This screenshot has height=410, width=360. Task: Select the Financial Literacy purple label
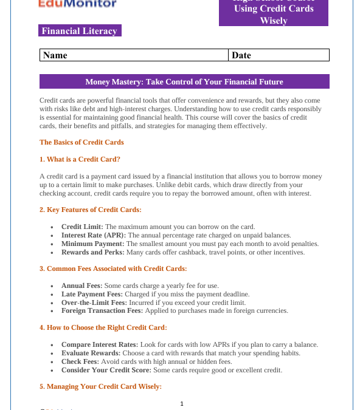click(80, 31)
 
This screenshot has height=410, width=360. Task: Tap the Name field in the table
click(134, 55)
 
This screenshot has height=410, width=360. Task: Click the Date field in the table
click(279, 55)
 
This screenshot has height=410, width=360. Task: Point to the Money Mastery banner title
click(184, 81)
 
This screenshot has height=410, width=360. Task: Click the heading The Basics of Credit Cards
click(81, 142)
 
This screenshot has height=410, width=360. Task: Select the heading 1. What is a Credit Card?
click(80, 159)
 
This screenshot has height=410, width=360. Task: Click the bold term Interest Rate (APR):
click(94, 235)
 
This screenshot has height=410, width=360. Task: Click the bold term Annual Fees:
click(82, 285)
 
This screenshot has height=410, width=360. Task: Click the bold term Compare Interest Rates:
click(100, 344)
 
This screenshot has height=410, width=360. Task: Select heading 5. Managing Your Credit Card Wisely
click(100, 386)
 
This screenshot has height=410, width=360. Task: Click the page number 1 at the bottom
click(182, 404)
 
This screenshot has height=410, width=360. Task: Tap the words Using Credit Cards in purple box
click(274, 9)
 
